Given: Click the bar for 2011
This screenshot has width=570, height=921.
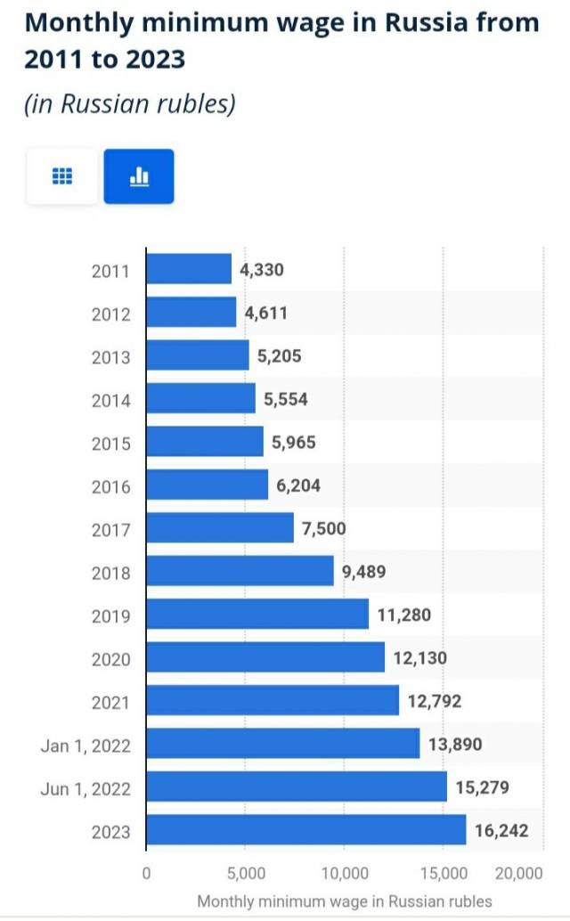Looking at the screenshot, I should pos(189,269).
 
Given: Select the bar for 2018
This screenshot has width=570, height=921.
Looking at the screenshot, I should pos(240,571).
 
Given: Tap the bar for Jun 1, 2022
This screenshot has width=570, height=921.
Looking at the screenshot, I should pos(297,787).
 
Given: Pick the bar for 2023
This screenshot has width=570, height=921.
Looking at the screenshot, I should pos(305,830).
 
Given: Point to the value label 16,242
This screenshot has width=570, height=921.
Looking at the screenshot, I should pos(501,830).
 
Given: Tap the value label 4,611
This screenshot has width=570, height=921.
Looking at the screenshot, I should pos(266,313).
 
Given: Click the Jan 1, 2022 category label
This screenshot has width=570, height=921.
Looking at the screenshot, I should pos(85,746).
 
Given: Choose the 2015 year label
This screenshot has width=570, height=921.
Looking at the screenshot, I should pos(110,444).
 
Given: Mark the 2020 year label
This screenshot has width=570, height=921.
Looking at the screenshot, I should pos(110,659).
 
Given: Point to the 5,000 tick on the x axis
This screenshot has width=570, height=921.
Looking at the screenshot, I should pos(245,872).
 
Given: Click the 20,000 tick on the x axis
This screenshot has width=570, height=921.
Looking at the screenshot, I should pos(518,872).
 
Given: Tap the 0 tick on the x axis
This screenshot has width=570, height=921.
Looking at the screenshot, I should pos(146,872).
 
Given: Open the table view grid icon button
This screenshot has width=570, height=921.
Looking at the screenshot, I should pos(62,176).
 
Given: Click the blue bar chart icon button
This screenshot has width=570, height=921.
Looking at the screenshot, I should pos(139,176).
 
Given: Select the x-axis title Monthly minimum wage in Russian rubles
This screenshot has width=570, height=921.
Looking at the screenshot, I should pos(344,901).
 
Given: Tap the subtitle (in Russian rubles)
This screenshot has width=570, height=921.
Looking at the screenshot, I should pos(130,104).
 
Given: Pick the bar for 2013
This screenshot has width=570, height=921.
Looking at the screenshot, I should pos(198,355).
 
